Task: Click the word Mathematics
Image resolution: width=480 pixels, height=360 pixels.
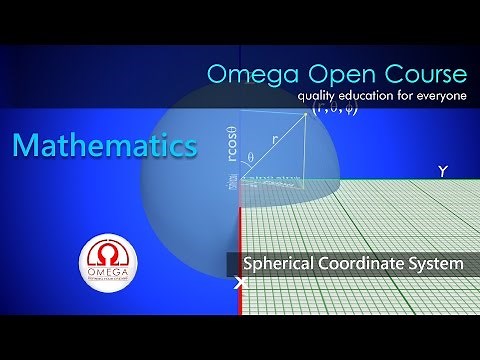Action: pyautogui.click(x=104, y=146)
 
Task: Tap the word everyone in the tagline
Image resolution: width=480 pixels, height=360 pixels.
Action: pyautogui.click(x=441, y=96)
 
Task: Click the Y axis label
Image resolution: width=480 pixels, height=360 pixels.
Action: pyautogui.click(x=442, y=172)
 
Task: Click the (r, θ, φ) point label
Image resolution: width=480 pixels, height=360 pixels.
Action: pyautogui.click(x=334, y=110)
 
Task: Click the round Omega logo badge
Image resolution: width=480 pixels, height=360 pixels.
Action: pyautogui.click(x=109, y=267)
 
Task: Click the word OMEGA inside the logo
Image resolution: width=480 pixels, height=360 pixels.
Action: pyautogui.click(x=109, y=277)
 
